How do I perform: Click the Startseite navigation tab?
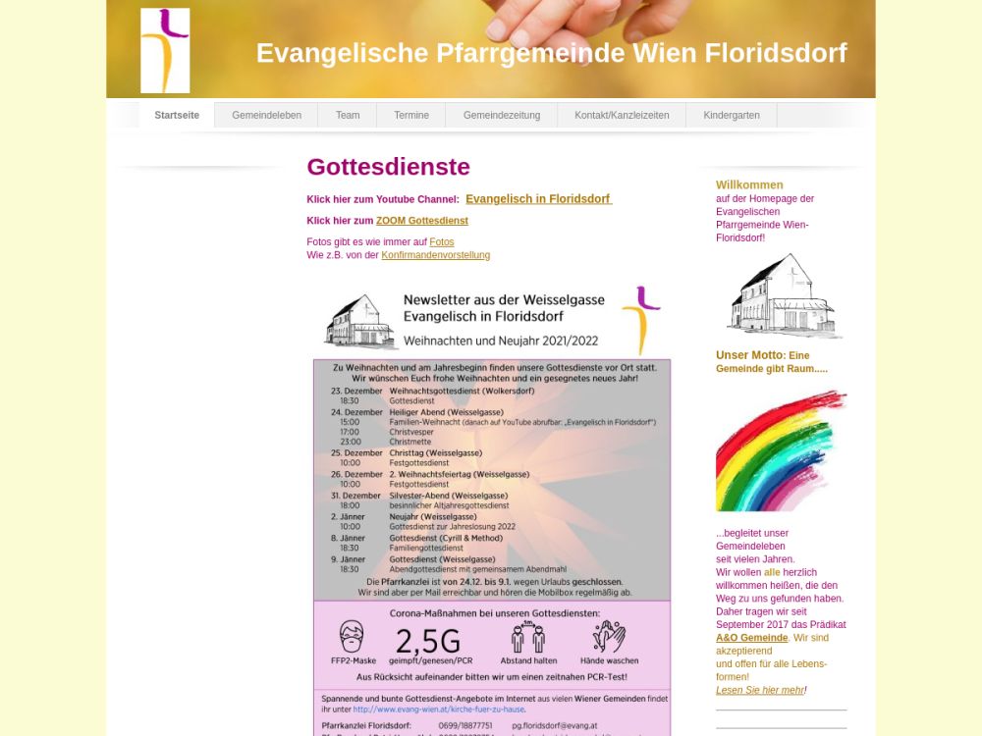coord(177,115)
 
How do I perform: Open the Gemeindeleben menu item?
coord(266,115)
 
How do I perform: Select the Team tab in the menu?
coord(348,115)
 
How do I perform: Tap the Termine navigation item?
coord(411,115)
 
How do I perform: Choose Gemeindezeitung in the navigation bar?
coord(502,115)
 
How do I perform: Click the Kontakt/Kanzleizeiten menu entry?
coord(622,115)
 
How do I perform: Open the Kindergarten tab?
coord(732,115)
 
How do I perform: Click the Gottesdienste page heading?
coord(388,167)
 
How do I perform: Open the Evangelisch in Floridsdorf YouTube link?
coord(538,199)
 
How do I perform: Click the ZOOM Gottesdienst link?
coord(422,221)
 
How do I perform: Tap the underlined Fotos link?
coord(442,242)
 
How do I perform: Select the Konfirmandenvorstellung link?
coord(435,255)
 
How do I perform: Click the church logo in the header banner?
coord(165,50)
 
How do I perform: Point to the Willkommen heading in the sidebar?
coord(749,184)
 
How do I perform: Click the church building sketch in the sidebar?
coord(783,295)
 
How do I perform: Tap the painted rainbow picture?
coord(781,451)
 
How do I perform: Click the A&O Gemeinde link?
coord(752,638)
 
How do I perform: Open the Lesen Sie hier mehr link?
coord(760,690)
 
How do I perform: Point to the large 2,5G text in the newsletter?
coord(427,642)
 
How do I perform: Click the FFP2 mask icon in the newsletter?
coord(352,638)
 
